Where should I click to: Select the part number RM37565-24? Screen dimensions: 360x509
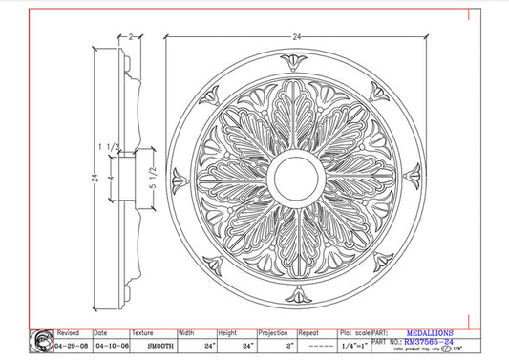[x=429, y=342]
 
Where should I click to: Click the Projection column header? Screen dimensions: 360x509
[x=273, y=334]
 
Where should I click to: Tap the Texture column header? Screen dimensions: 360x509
[x=143, y=334]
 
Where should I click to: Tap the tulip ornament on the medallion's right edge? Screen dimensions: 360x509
[x=413, y=176]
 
